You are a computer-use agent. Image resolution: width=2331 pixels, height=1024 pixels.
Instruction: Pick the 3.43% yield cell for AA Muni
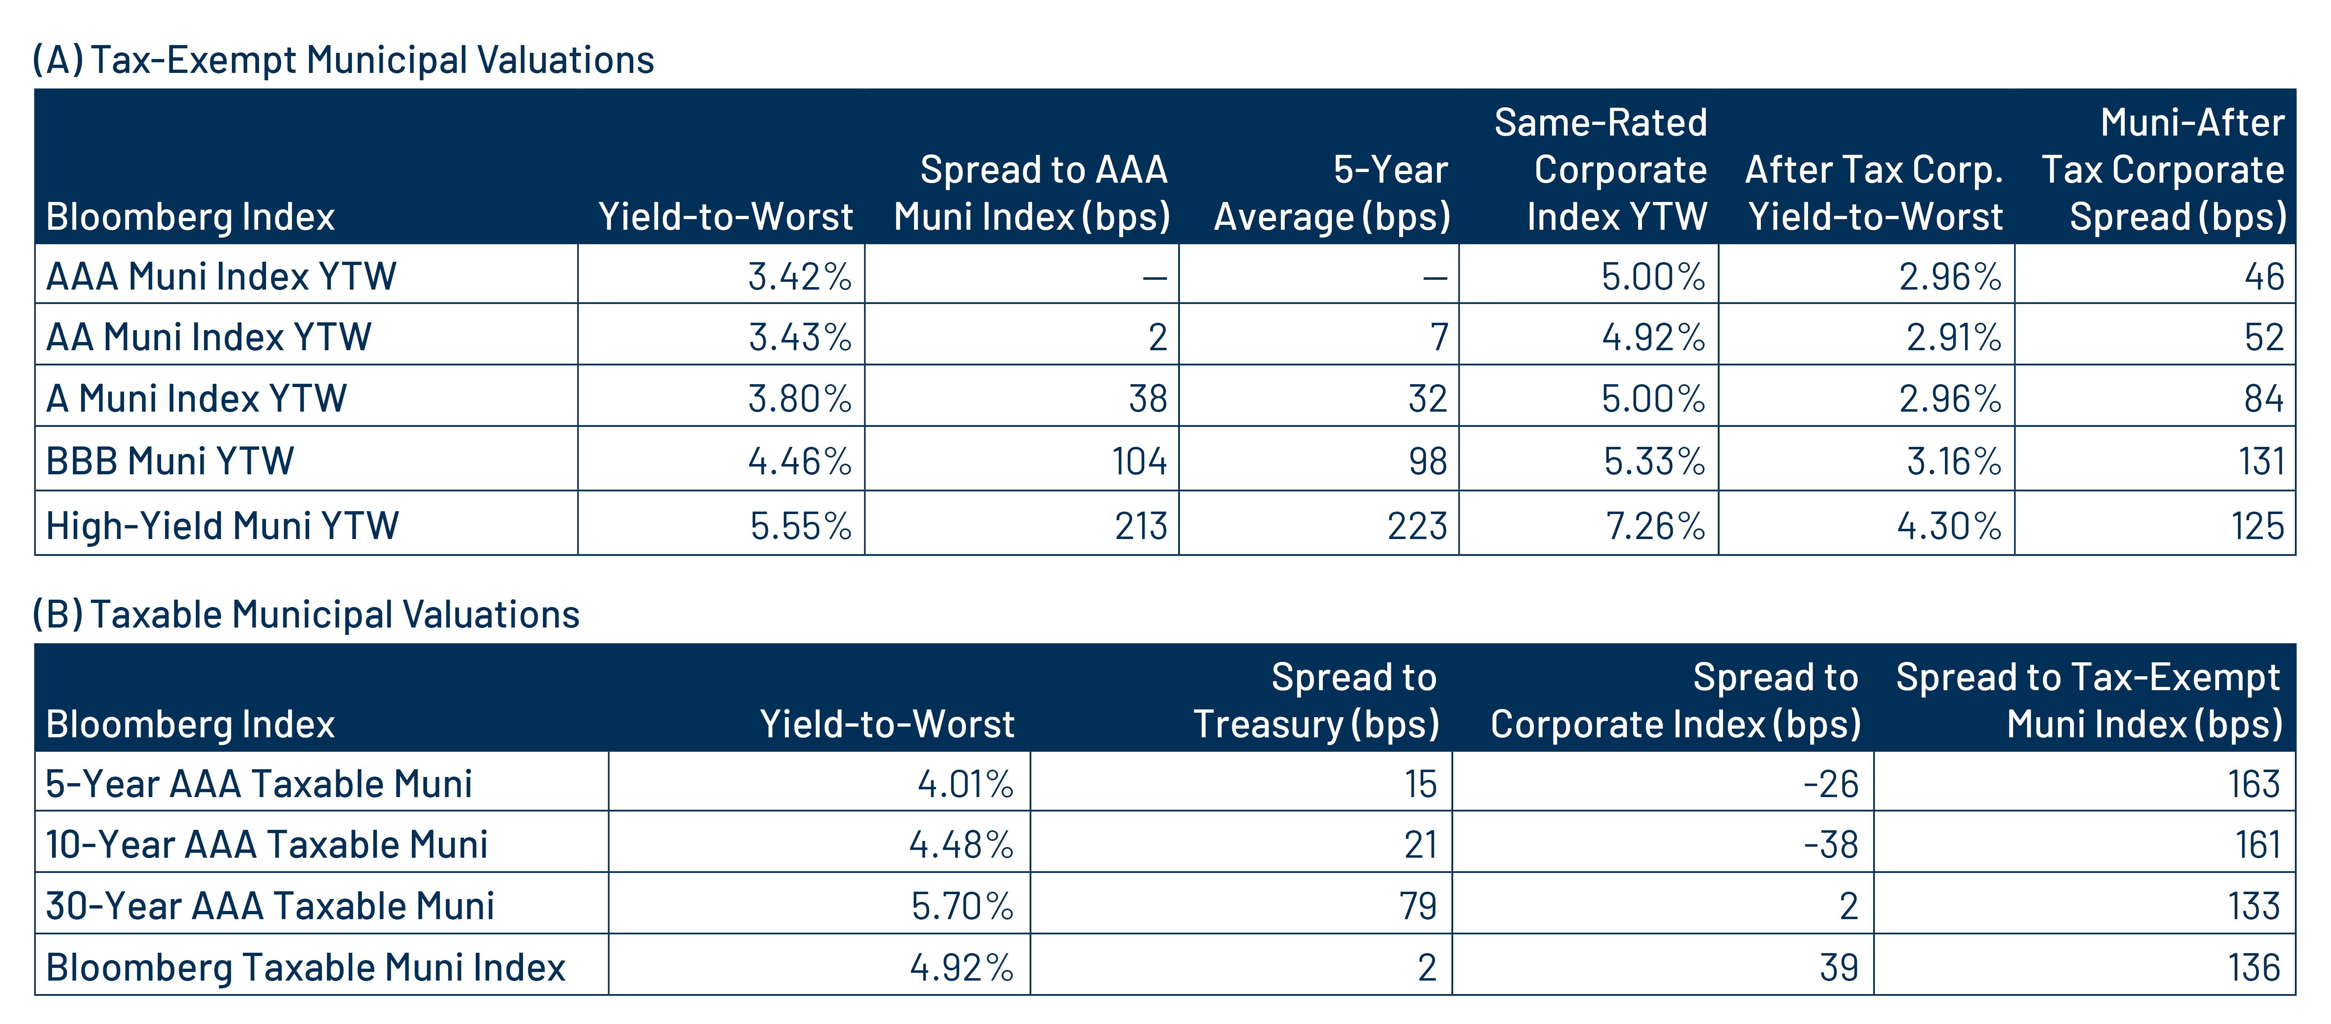tap(800, 338)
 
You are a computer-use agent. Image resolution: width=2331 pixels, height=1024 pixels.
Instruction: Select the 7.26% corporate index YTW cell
tap(1655, 526)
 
